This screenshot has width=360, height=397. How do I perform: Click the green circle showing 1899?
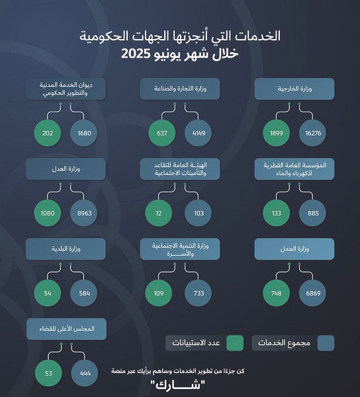[277, 132]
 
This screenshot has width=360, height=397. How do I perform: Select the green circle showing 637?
[161, 132]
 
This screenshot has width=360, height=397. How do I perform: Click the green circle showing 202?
[47, 132]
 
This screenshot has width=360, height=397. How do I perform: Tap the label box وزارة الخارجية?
[294, 89]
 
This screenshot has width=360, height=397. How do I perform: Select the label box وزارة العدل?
[66, 170]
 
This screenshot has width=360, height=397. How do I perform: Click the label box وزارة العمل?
[294, 249]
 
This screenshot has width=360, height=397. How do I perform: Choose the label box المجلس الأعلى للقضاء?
[66, 330]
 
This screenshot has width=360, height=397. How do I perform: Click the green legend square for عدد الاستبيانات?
[234, 343]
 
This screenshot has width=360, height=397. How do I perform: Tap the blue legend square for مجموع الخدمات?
[326, 343]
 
